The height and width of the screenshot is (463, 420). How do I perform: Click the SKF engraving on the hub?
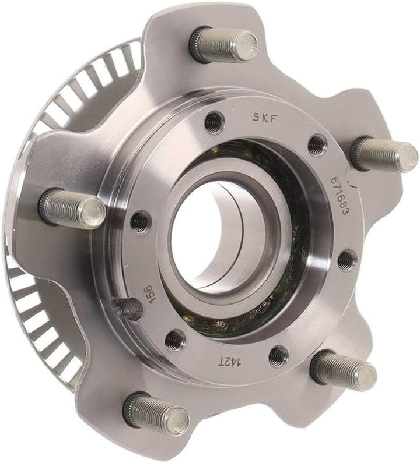265,116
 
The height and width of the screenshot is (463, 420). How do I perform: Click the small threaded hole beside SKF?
214,122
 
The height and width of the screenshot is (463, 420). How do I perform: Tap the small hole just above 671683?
317,144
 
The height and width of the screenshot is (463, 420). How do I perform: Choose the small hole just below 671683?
346,260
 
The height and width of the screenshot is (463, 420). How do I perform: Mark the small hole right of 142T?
278,355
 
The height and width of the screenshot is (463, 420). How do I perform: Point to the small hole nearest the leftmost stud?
140,222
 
